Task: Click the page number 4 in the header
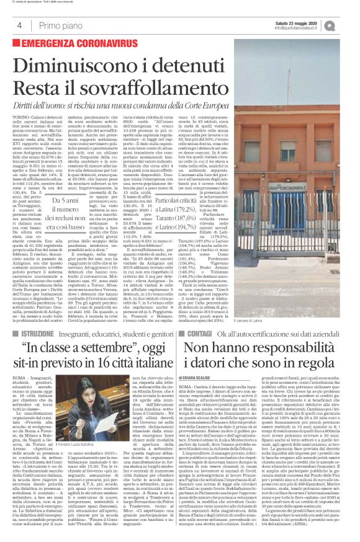coord(19,25)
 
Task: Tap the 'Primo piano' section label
coord(59,25)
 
